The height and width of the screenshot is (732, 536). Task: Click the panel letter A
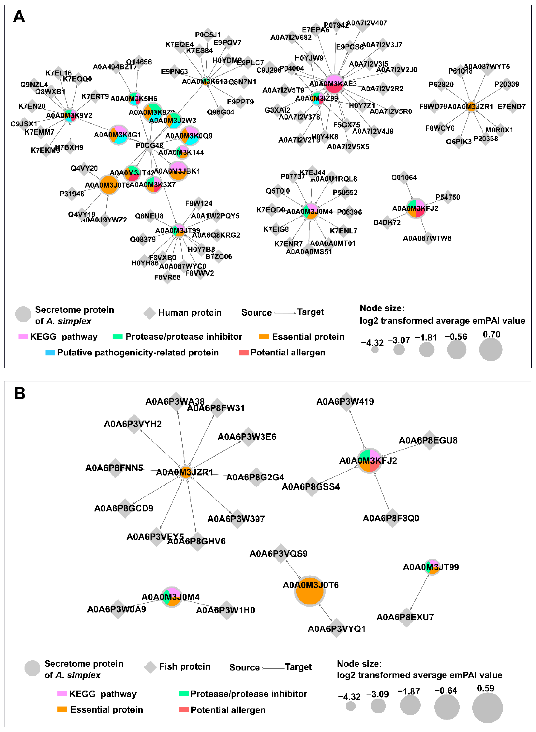point(19,16)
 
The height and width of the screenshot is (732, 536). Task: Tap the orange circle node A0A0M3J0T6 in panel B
point(310,591)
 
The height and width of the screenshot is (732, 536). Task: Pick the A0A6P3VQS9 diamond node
point(280,553)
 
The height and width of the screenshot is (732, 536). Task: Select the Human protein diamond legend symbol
point(150,313)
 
